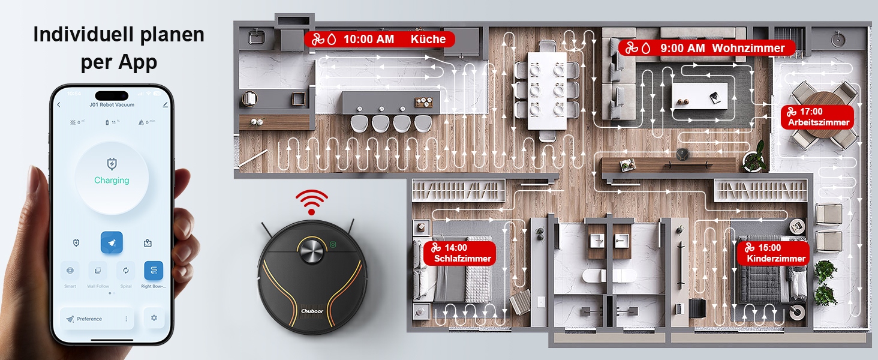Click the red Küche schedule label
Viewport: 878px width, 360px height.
click(x=379, y=40)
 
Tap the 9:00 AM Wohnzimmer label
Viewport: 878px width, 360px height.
click(x=706, y=48)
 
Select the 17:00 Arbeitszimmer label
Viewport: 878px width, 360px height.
click(x=817, y=117)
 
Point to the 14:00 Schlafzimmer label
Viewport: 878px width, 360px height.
click(x=459, y=253)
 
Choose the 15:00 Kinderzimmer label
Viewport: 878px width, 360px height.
click(x=772, y=253)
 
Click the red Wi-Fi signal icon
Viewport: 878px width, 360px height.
click(x=311, y=202)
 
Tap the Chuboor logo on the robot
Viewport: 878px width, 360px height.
click(x=312, y=310)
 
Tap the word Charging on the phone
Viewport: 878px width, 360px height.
click(x=112, y=180)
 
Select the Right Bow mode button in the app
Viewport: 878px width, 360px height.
click(x=154, y=271)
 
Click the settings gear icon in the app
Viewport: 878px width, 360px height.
click(x=154, y=317)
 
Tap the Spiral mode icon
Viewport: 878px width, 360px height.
click(x=126, y=271)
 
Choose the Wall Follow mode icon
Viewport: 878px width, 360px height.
click(x=98, y=271)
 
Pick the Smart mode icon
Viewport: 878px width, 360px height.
click(x=70, y=271)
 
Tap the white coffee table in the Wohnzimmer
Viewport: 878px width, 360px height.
click(x=700, y=96)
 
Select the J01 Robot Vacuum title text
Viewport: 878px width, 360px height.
click(x=112, y=104)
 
